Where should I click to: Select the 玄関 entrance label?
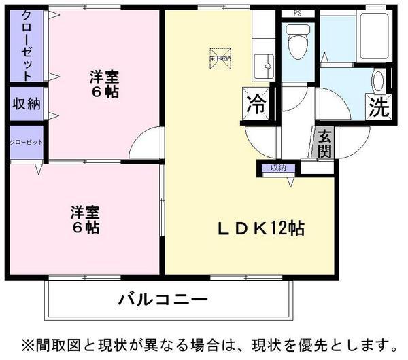pyautogui.click(x=325, y=144)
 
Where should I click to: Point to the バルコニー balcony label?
pyautogui.click(x=162, y=298)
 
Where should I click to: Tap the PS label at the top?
pyautogui.click(x=297, y=13)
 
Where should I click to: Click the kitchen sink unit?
pyautogui.click(x=262, y=66)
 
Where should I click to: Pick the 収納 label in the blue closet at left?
pyautogui.click(x=26, y=104)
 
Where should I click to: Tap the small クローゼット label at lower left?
pyautogui.click(x=26, y=143)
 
